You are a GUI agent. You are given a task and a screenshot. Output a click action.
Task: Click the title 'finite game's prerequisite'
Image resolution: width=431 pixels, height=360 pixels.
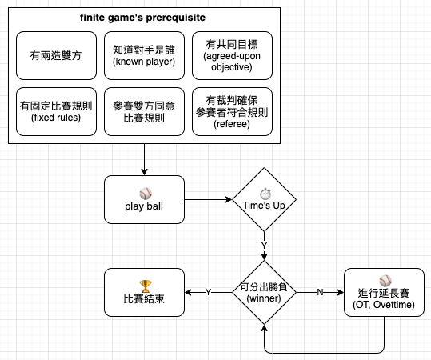(x=142, y=18)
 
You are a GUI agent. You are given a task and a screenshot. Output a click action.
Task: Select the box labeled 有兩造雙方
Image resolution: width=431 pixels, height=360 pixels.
(x=56, y=55)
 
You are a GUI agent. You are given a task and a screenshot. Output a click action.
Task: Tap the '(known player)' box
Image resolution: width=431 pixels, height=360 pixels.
(x=144, y=55)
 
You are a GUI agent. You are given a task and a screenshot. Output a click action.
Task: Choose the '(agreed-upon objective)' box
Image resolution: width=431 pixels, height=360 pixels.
(x=232, y=55)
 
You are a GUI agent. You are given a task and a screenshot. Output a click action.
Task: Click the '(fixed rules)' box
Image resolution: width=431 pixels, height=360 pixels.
(x=56, y=112)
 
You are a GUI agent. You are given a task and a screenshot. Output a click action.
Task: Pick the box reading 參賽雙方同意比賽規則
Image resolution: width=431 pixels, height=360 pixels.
(x=144, y=112)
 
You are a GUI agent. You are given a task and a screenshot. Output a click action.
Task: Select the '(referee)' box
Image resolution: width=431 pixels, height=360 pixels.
(x=232, y=112)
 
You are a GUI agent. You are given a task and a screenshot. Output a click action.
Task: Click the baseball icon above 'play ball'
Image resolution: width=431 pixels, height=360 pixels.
(x=146, y=194)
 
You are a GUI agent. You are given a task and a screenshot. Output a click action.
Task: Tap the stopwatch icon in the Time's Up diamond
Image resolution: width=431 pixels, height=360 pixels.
(x=265, y=194)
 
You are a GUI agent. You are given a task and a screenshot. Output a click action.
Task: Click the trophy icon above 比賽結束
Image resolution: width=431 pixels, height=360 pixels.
(x=146, y=286)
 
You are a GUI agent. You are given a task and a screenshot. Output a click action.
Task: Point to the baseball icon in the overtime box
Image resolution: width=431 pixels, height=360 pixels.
(x=385, y=281)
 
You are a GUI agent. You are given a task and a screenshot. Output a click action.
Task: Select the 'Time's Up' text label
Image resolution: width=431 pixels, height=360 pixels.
(x=264, y=206)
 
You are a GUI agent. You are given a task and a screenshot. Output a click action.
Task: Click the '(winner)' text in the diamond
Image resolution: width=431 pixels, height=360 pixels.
(x=264, y=298)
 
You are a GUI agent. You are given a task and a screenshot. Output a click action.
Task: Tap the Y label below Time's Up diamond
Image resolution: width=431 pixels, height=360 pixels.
(x=264, y=246)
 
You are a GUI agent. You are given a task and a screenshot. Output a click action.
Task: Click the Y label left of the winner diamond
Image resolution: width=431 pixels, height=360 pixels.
(x=209, y=292)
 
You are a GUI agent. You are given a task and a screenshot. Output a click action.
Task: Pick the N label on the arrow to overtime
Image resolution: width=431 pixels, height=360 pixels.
(x=320, y=292)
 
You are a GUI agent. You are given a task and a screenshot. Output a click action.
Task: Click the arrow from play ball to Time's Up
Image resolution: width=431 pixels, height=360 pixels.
(x=209, y=199)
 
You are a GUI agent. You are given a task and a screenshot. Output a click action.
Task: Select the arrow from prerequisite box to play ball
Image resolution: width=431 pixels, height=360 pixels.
(x=144, y=159)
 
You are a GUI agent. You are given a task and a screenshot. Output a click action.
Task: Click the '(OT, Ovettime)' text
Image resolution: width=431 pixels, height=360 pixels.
(x=384, y=305)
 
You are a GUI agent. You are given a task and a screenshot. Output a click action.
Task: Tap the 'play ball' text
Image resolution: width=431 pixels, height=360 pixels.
(x=144, y=206)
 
